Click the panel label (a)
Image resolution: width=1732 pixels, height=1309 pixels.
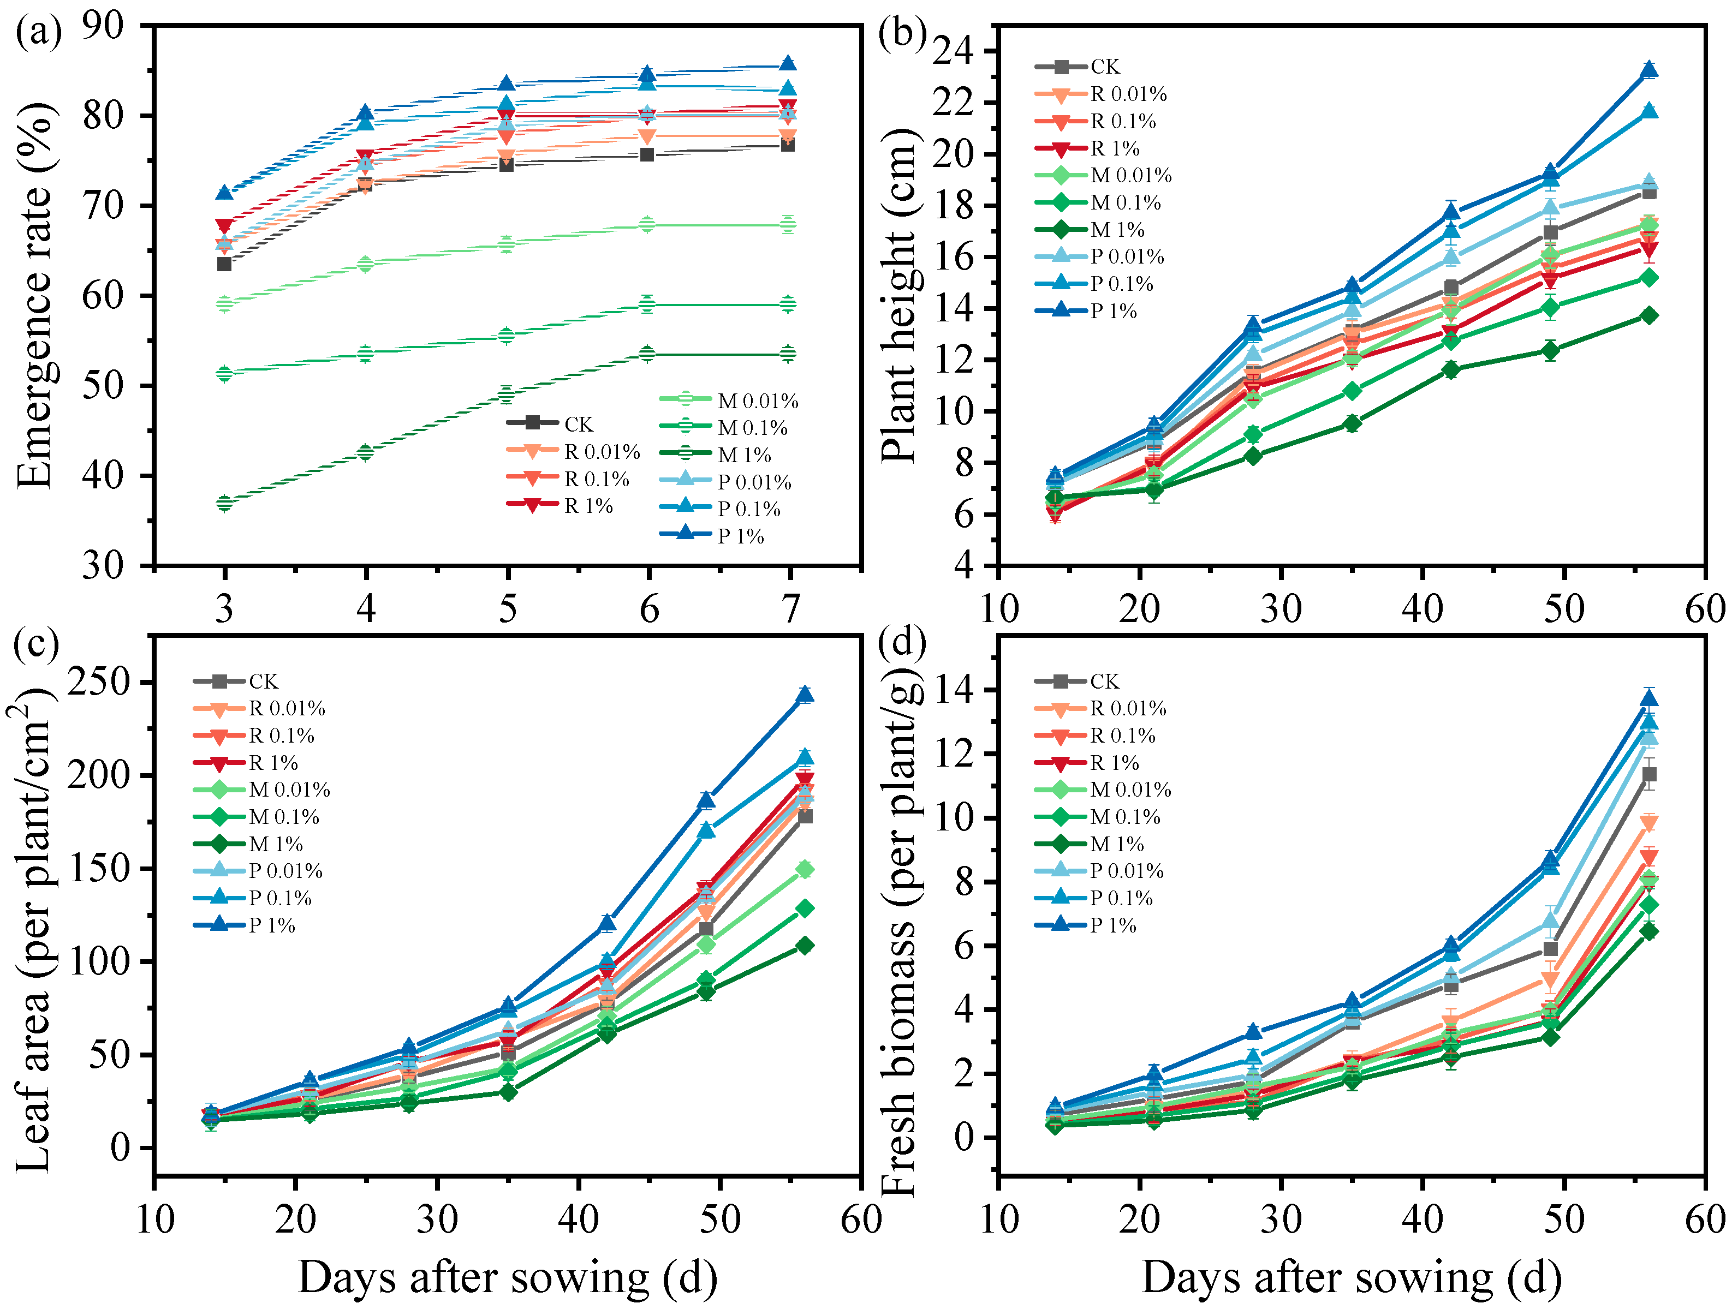coord(38,33)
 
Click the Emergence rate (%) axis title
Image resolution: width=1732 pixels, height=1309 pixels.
coord(35,296)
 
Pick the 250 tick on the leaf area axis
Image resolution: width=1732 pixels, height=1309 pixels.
coord(99,682)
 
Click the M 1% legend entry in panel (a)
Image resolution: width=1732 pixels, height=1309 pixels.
coord(744,455)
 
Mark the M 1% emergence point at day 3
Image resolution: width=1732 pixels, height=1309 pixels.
coord(225,503)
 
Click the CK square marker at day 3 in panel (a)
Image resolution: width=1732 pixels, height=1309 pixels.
coord(225,264)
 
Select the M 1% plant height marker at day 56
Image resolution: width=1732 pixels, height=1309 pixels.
coord(1649,315)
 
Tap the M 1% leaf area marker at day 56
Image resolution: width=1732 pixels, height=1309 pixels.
coord(805,946)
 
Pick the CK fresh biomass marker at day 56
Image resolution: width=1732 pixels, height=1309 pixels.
coord(1649,775)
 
